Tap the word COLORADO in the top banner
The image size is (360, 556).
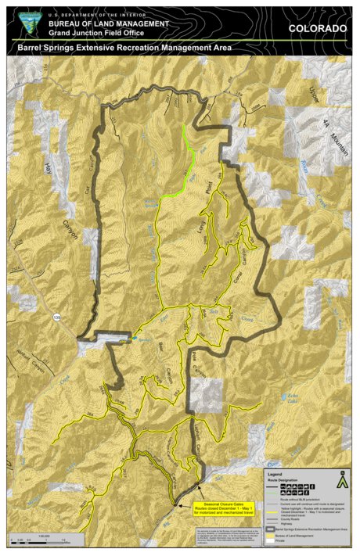pos(317,28)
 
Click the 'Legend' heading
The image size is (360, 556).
pos(275,474)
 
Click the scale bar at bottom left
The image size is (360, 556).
pos(39,540)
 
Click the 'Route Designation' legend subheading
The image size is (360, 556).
pos(283,479)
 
